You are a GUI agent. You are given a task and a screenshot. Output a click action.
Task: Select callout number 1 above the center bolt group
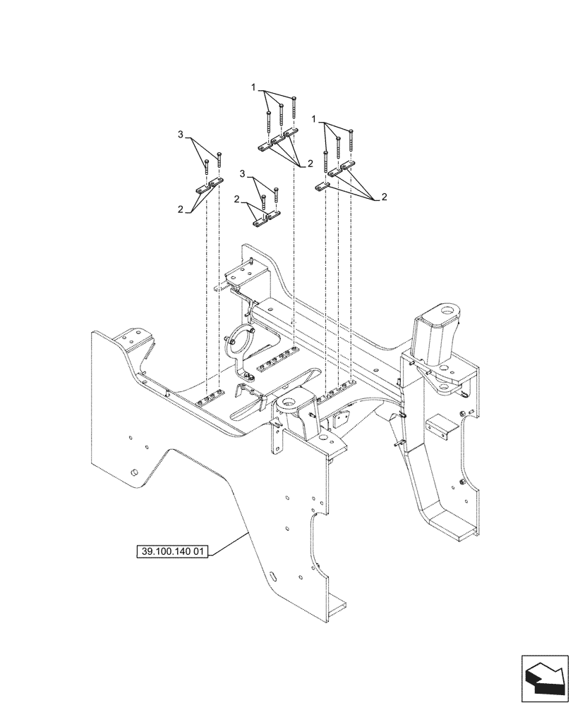point(253,87)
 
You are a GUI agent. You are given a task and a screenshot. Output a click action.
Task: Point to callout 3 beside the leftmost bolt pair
point(181,135)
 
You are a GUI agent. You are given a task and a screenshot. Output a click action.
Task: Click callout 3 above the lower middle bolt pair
point(243,173)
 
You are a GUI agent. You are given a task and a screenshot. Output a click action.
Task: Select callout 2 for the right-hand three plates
point(384,197)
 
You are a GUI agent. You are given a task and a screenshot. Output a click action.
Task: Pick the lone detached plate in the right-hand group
point(322,186)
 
